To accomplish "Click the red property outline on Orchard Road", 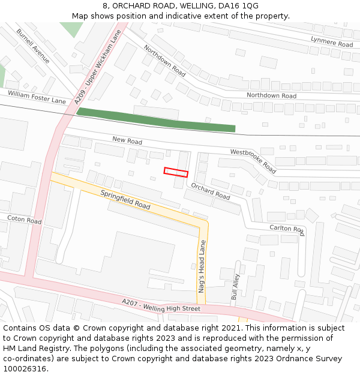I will pos(176,172).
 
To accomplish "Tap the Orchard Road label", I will pos(211,191).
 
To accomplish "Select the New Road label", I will pos(127,140).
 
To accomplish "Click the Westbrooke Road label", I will pos(253,160).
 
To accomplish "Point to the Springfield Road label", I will pos(125,200).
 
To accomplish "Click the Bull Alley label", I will pos(235,287).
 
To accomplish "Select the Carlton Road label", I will pos(287,229).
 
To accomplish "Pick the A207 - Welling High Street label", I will pos(161,305).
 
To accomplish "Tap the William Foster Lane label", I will pos(37,97).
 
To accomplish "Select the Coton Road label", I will pos(25,220).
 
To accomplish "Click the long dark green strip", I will pos(156,119).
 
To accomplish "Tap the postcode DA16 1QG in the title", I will pos(238,5).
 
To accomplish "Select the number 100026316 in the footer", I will pos(25,368).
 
